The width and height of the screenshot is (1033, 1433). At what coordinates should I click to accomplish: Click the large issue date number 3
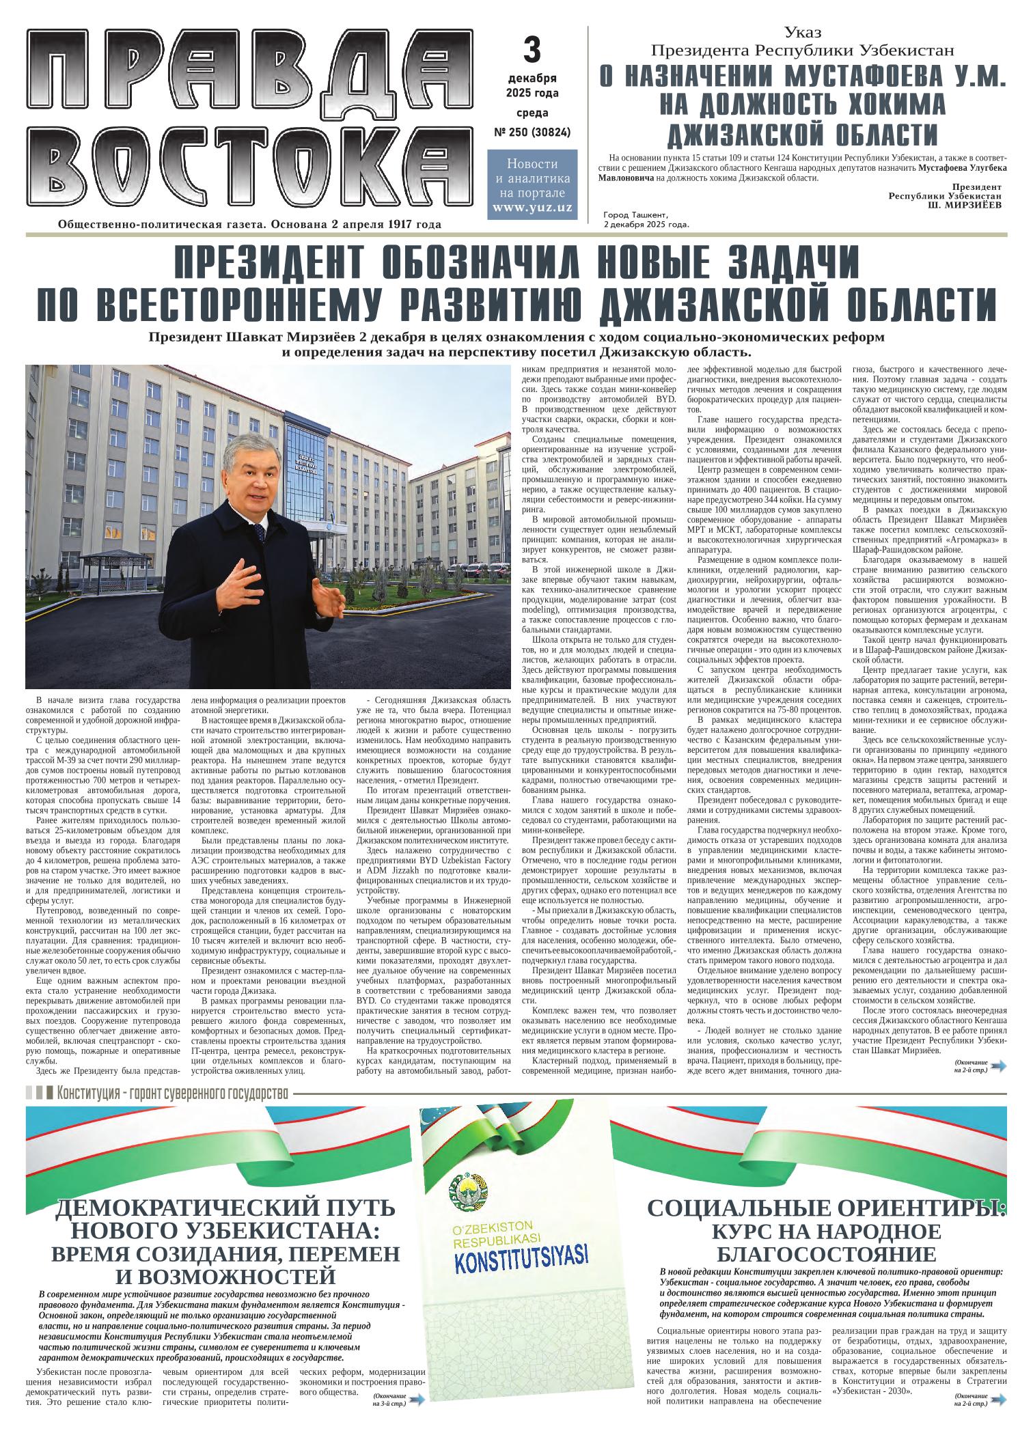coord(532,50)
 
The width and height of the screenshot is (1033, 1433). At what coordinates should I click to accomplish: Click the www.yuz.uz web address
coord(532,207)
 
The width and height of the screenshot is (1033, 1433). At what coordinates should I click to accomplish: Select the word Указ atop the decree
coord(803,32)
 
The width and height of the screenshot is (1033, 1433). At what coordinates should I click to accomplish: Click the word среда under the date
coord(532,113)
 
